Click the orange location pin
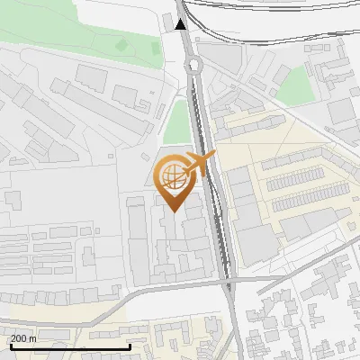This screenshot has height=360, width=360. click(x=173, y=180)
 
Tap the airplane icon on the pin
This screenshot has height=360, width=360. click(x=200, y=164)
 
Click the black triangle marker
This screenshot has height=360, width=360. click(x=182, y=25)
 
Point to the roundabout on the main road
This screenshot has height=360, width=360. click(x=192, y=65)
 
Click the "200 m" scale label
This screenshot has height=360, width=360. click(x=24, y=338)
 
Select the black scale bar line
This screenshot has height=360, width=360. click(x=69, y=346)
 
